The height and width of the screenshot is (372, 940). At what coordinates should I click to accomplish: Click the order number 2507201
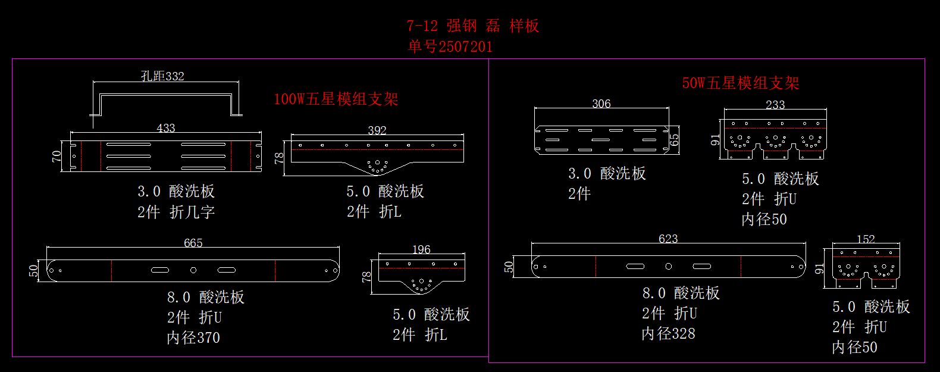(x=465, y=46)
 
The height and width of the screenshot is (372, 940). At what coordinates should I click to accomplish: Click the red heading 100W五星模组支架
(x=336, y=99)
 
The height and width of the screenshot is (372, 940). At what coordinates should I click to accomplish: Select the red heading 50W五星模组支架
(x=740, y=83)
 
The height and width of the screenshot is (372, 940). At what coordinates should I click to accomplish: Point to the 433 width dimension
(x=166, y=128)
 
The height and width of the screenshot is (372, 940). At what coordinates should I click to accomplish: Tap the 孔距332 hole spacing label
(x=162, y=76)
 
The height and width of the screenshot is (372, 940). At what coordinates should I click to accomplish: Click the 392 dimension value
(x=377, y=130)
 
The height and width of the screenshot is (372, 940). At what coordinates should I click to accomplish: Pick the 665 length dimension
(x=193, y=243)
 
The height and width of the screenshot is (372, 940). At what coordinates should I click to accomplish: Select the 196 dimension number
(x=421, y=249)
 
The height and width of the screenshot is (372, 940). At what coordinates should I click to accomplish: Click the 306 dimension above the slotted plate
(x=601, y=104)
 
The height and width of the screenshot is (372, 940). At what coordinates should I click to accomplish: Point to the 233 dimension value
(x=775, y=105)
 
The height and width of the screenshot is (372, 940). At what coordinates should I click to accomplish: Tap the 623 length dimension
(x=668, y=239)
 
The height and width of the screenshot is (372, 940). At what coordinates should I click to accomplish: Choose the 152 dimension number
(x=866, y=239)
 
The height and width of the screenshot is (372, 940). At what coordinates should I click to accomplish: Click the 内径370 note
(x=193, y=337)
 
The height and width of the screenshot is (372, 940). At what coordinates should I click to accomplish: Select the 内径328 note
(x=668, y=333)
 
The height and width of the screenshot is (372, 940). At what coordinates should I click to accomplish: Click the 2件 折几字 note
(x=176, y=212)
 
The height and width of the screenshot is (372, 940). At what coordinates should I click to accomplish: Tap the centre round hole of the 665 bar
(x=193, y=270)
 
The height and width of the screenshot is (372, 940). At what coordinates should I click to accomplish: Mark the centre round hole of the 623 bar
(x=668, y=266)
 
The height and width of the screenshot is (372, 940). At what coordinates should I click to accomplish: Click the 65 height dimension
(x=674, y=140)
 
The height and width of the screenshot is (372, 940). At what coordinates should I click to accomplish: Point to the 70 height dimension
(x=57, y=156)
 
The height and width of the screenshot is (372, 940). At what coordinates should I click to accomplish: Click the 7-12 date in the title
(x=422, y=26)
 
